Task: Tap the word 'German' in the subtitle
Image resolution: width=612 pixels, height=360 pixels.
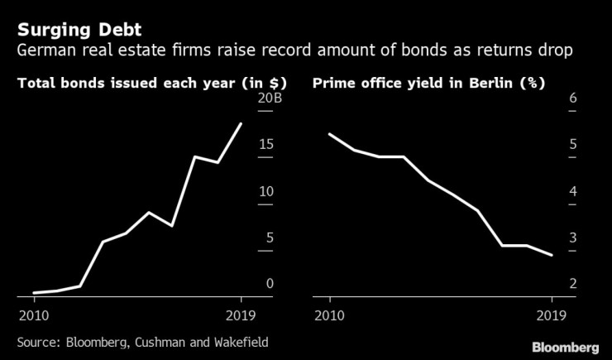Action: (x=45, y=52)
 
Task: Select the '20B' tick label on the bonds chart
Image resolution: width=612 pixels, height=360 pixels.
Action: (x=270, y=98)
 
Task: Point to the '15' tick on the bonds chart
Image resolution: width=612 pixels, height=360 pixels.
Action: (x=265, y=145)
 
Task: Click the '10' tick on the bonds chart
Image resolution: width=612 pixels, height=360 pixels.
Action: (x=265, y=191)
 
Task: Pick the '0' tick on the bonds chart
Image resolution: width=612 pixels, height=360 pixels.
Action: (x=269, y=284)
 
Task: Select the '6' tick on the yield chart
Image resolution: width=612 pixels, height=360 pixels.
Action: (x=573, y=98)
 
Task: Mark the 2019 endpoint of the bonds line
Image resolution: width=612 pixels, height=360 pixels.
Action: (x=241, y=123)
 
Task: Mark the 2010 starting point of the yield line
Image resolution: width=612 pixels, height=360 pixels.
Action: (x=329, y=134)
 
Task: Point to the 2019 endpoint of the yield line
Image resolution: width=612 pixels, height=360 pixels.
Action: (x=552, y=255)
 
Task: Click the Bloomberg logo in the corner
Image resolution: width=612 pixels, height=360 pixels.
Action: (x=565, y=345)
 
